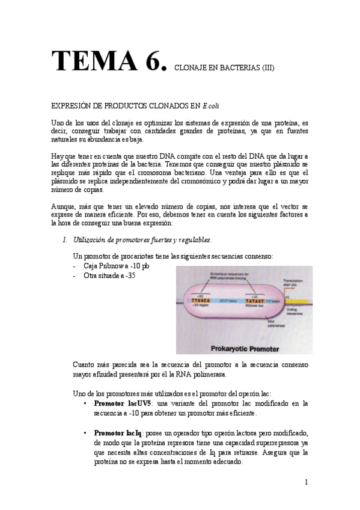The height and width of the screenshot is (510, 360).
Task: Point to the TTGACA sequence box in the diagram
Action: (200, 300)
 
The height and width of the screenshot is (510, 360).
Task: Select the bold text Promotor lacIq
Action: (118, 433)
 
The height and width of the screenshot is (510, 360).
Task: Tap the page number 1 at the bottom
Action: (306, 482)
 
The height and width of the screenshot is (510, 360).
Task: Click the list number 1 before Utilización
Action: (64, 240)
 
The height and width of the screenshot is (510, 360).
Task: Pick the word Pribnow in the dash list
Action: (111, 266)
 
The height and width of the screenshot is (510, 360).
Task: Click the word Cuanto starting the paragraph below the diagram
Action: (84, 364)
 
